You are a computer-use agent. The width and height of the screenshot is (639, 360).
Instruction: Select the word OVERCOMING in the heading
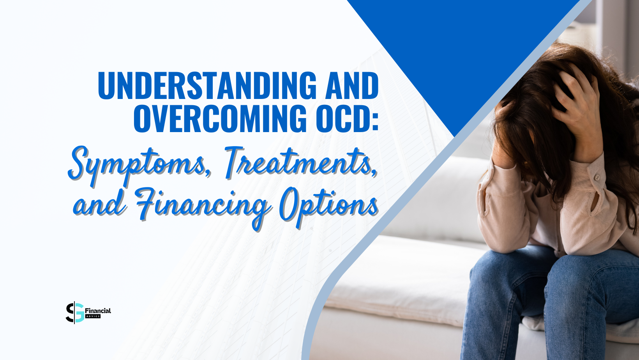(220, 118)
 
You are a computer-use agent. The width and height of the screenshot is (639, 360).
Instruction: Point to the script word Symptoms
(136, 164)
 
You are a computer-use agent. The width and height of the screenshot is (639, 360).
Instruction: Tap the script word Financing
(203, 205)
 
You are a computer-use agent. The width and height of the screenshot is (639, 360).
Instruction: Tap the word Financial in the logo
(98, 311)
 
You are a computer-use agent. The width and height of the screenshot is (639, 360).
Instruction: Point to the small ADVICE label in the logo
(93, 316)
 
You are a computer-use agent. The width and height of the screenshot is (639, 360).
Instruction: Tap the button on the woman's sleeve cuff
(597, 178)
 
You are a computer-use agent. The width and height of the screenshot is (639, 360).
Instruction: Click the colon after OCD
(375, 121)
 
